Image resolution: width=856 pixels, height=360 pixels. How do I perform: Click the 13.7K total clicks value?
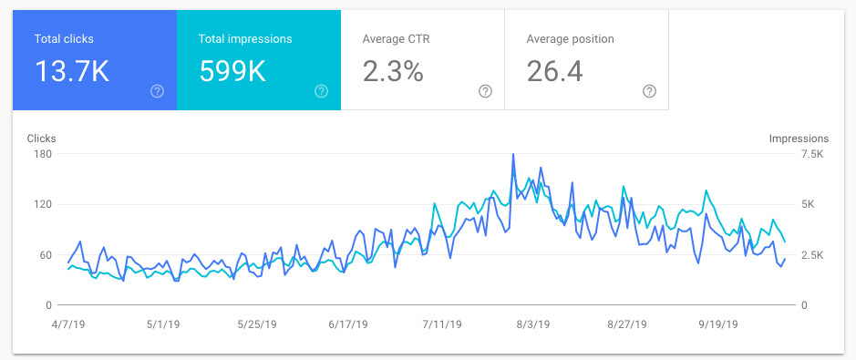coord(72,72)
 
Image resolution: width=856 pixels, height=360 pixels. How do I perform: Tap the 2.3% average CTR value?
coord(393,72)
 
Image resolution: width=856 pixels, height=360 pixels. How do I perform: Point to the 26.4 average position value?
coord(554,72)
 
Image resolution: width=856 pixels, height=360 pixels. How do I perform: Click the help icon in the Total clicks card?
coord(157,91)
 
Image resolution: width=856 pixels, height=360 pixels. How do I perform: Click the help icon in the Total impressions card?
coord(321,91)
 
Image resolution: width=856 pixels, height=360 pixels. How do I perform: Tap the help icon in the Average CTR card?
coord(485,91)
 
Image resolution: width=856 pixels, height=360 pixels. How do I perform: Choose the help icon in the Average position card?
coord(649,91)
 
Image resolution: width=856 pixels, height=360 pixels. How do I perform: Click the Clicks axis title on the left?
coord(42,139)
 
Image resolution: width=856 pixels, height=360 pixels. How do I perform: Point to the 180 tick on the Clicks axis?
coord(43,154)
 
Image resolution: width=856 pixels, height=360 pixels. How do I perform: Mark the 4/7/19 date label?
coord(67,324)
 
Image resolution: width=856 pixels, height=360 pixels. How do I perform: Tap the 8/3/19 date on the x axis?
coord(533,324)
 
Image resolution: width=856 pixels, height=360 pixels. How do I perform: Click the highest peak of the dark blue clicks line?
coord(513,155)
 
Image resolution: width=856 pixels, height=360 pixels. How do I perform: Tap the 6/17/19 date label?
coord(347,324)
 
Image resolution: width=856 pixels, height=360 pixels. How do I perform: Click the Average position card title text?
coord(570,39)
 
